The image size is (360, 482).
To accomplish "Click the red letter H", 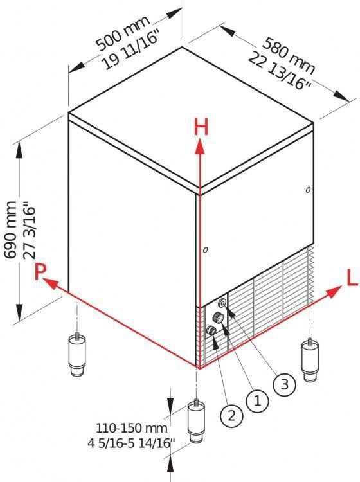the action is [x=201, y=127].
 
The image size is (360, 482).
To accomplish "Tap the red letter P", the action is [x=40, y=272].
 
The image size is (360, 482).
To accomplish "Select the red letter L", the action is [x=352, y=279].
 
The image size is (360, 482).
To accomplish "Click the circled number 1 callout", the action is [x=257, y=401].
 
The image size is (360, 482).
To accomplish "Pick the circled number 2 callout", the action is [x=231, y=416].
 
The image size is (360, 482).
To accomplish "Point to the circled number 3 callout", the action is [x=284, y=384].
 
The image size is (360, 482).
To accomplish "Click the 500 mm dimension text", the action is [x=123, y=32].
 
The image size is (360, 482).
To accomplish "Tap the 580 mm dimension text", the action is [x=289, y=56].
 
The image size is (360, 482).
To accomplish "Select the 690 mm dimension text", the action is [x=11, y=229].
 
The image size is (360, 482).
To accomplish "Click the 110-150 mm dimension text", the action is [x=132, y=428].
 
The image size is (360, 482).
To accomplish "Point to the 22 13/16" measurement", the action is [x=279, y=71].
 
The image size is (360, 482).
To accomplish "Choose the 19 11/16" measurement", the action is [x=131, y=49].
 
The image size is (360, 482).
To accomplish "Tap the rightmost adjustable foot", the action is [x=310, y=360].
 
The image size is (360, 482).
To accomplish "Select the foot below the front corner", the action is [x=196, y=421].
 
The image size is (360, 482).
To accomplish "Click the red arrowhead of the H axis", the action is [x=200, y=147].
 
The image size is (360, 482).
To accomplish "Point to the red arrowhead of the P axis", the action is [x=50, y=283].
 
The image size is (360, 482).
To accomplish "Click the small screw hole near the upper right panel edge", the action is [x=308, y=190].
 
